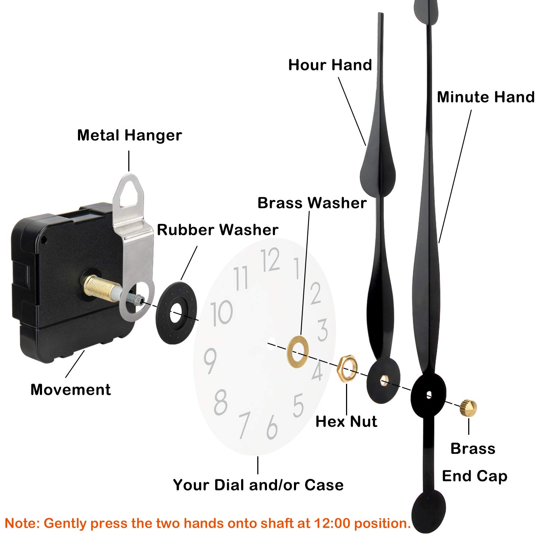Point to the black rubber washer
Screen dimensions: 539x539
pos(176,313)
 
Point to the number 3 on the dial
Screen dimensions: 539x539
pos(322,330)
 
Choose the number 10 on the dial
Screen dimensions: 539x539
pos(221,313)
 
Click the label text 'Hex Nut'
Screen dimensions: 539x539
pos(346,421)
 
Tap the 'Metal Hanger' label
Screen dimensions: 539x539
pos(129,135)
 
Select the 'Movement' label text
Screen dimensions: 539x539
pos(70,390)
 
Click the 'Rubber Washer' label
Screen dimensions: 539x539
pos(217,230)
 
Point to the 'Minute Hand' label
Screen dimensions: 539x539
pos(485,97)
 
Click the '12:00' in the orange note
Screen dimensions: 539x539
pos(332,523)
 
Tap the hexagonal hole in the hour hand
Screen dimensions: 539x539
pos(383,380)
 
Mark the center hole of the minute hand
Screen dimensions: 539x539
pos(429,395)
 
